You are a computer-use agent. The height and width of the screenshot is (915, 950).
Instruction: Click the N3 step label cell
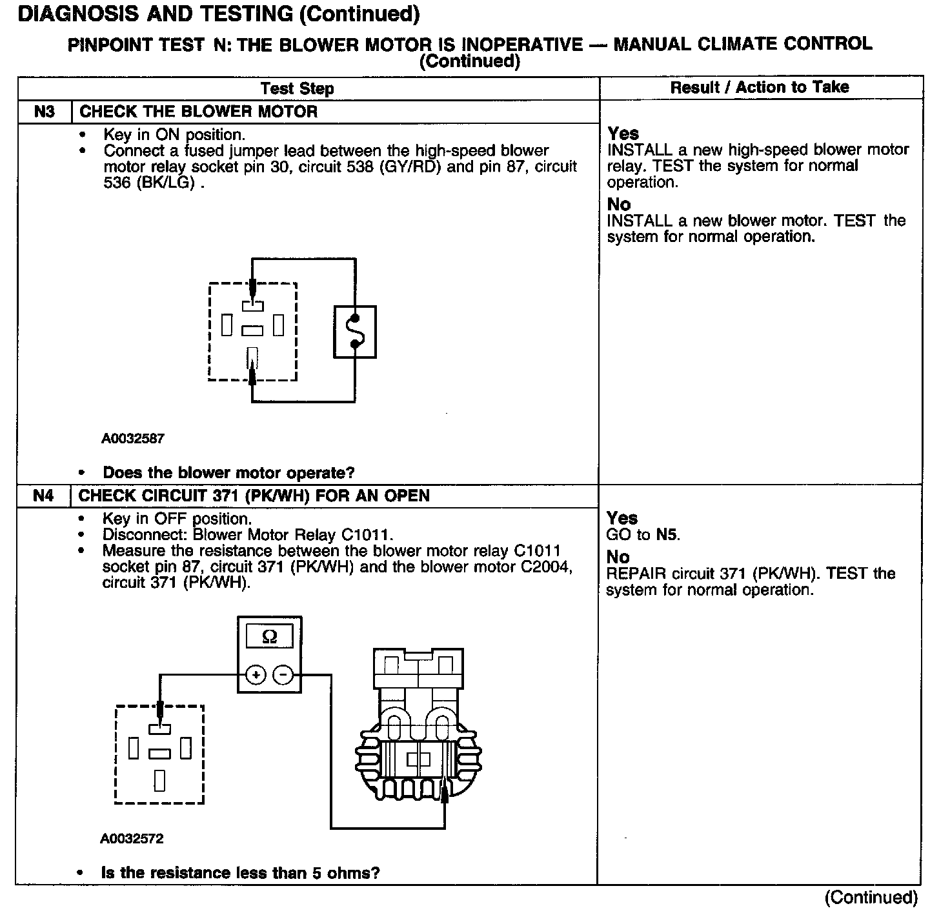(44, 112)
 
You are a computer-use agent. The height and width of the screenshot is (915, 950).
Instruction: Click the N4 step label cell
(43, 496)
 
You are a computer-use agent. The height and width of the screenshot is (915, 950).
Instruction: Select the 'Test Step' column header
(297, 88)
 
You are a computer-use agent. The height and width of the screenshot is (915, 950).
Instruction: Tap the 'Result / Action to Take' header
(760, 87)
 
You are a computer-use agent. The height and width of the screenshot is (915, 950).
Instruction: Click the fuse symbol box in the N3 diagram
(354, 332)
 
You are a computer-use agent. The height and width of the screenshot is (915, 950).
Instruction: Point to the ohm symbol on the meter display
(270, 637)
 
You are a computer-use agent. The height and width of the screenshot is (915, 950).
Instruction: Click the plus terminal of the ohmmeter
(256, 676)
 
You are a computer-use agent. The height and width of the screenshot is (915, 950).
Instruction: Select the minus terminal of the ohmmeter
(283, 676)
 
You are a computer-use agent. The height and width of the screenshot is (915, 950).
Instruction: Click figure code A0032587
(133, 439)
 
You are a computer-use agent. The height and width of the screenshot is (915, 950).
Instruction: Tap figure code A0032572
(132, 839)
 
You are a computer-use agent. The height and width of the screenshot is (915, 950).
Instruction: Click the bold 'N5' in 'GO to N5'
(667, 534)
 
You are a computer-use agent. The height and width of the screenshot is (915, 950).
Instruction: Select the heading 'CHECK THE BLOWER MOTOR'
(198, 112)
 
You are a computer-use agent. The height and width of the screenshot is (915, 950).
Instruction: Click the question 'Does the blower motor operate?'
(228, 473)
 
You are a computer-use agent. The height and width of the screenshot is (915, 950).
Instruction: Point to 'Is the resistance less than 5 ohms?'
(240, 873)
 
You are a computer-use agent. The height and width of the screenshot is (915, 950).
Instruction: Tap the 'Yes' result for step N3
(623, 134)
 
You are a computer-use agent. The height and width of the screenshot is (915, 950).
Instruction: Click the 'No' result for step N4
(618, 557)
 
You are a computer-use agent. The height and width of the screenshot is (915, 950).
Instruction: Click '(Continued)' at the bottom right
(871, 898)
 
